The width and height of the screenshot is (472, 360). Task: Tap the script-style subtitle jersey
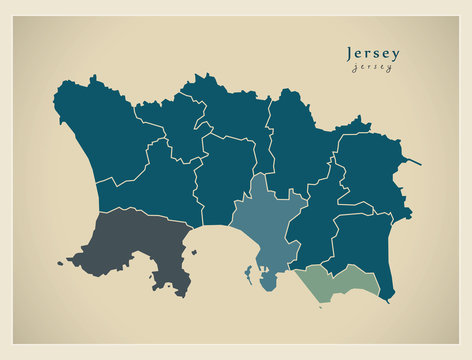click(x=371, y=68)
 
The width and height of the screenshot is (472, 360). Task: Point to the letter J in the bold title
click(x=349, y=53)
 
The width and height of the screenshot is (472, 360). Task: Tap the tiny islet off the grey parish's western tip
click(x=60, y=264)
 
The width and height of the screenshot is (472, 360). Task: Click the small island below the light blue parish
click(x=268, y=282)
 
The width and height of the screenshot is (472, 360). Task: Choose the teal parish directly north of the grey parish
click(x=150, y=185)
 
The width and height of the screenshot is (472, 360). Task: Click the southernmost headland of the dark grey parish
click(x=182, y=292)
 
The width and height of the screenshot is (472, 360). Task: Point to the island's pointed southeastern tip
click(x=390, y=299)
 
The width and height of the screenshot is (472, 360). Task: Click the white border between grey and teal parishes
click(x=140, y=211)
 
